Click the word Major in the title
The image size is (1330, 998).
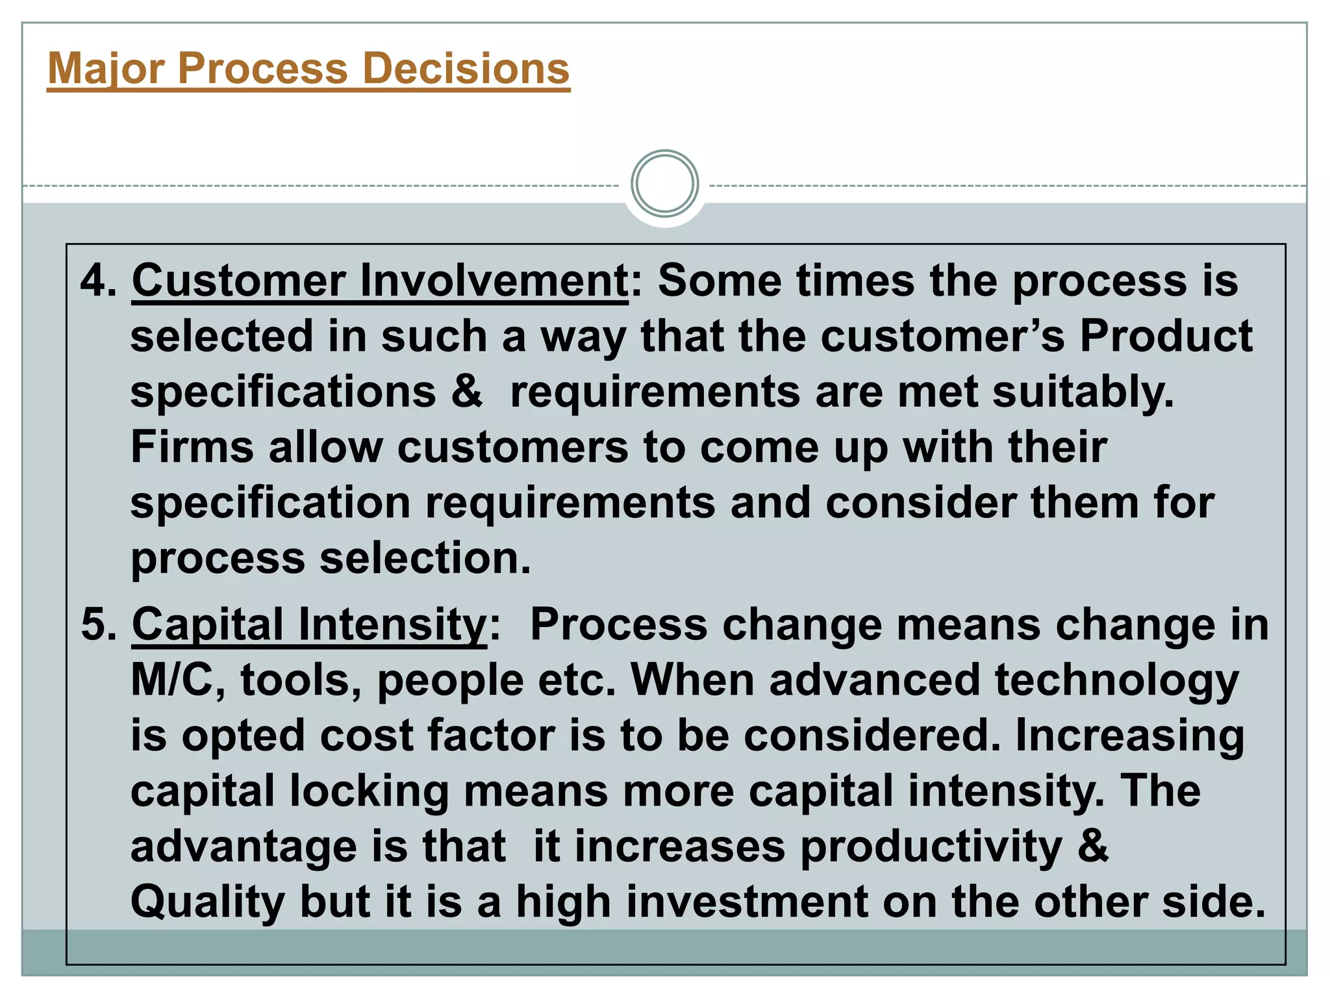(105, 69)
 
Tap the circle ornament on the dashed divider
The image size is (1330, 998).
(664, 184)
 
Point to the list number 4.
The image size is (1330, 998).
(98, 281)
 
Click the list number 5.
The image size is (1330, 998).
(98, 624)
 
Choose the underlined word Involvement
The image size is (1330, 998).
(493, 281)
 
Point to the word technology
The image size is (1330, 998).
(1117, 682)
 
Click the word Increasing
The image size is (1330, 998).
(1129, 737)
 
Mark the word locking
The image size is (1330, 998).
(369, 792)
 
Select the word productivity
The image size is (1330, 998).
(931, 848)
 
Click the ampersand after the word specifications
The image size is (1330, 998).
(467, 392)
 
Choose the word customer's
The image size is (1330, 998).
(942, 337)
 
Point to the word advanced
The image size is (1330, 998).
(874, 680)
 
